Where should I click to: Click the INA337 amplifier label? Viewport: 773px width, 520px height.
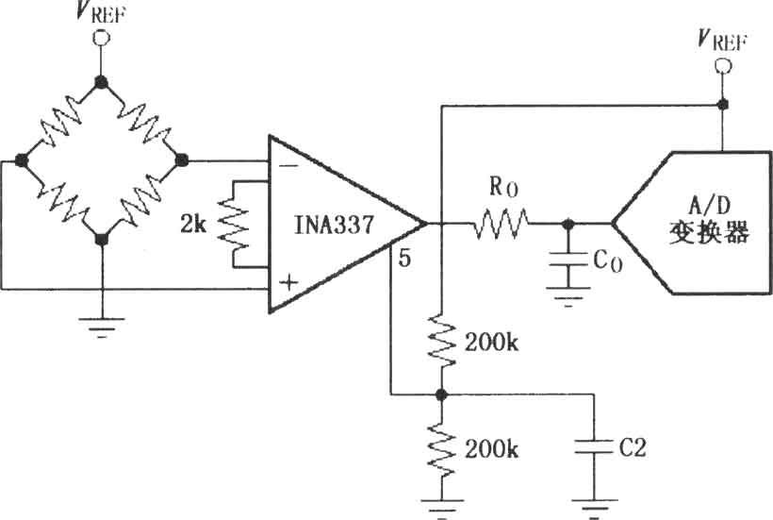(x=334, y=225)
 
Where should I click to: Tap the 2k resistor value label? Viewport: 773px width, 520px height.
(x=192, y=225)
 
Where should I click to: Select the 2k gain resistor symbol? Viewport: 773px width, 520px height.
(x=234, y=225)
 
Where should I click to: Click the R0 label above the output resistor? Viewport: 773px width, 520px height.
(x=503, y=187)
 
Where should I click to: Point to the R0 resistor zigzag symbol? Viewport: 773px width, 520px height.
(x=501, y=224)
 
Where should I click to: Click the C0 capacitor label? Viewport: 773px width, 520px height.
(x=608, y=261)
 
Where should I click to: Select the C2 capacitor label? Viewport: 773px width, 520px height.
(x=633, y=447)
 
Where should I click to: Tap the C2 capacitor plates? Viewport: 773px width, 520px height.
(x=594, y=447)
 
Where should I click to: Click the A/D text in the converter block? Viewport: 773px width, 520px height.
(x=709, y=205)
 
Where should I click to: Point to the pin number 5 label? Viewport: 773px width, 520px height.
(x=404, y=258)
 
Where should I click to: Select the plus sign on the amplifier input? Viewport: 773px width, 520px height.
(x=288, y=282)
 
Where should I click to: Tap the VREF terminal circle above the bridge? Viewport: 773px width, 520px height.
(x=102, y=38)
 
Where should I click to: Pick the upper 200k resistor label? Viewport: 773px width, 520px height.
(x=491, y=342)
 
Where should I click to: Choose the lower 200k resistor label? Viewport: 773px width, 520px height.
(x=491, y=449)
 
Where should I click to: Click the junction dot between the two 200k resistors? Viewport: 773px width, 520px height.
(x=441, y=394)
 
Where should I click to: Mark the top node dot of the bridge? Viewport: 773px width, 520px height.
(x=102, y=82)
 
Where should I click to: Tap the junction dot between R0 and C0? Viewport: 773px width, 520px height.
(x=567, y=225)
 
